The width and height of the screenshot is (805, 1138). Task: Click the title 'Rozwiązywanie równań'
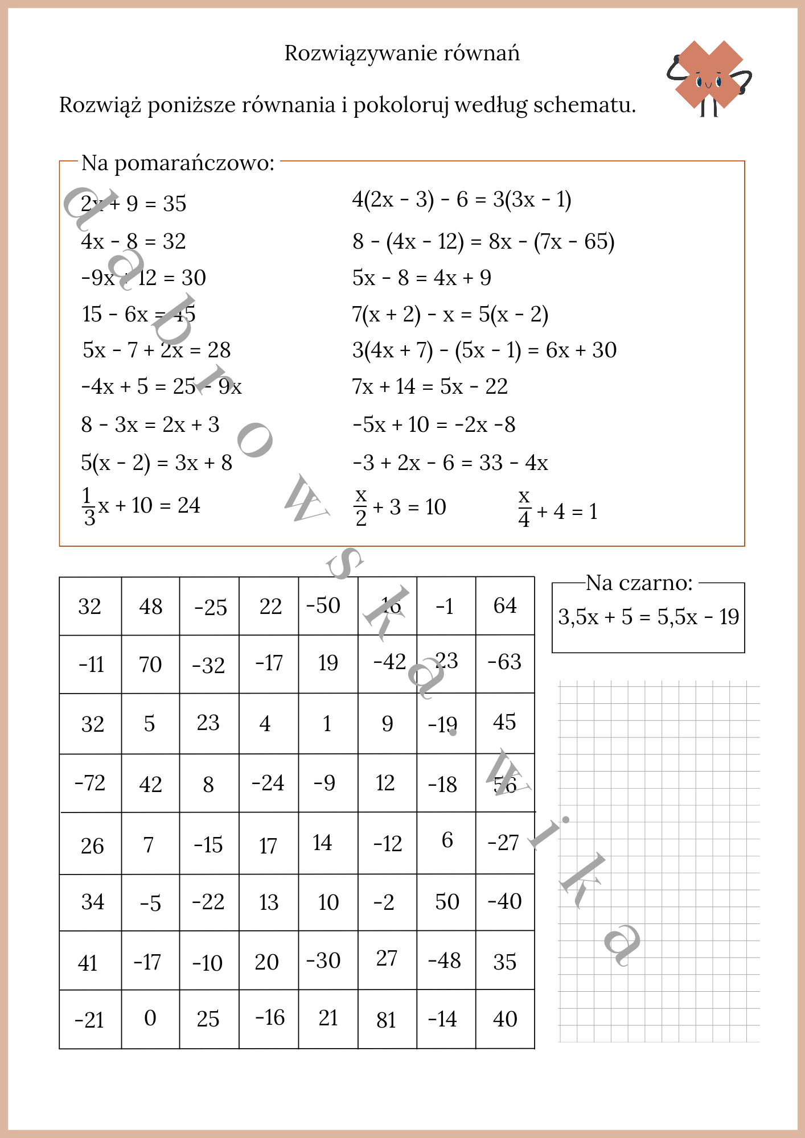pyautogui.click(x=402, y=53)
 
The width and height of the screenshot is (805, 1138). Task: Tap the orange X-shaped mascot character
pyautogui.click(x=709, y=76)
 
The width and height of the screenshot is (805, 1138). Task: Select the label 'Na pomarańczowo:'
pyautogui.click(x=178, y=163)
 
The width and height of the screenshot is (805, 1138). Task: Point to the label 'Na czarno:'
pyautogui.click(x=639, y=583)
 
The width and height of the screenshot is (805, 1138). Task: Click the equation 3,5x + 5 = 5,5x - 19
pyautogui.click(x=648, y=617)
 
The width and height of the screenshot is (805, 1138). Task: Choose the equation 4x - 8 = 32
pyautogui.click(x=133, y=241)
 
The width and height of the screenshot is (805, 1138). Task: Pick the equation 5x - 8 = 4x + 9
pyautogui.click(x=421, y=278)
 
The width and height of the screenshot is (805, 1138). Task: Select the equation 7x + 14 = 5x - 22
pyautogui.click(x=430, y=387)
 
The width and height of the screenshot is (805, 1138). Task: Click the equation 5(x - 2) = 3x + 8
pyautogui.click(x=157, y=463)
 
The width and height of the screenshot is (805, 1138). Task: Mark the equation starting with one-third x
pyautogui.click(x=141, y=506)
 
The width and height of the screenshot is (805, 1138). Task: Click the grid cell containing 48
pyautogui.click(x=150, y=607)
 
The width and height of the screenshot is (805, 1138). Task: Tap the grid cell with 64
pyautogui.click(x=505, y=606)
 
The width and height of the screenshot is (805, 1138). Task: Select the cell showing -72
pyautogui.click(x=91, y=783)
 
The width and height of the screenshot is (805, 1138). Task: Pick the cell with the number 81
pyautogui.click(x=387, y=1020)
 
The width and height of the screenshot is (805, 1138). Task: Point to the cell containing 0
pyautogui.click(x=150, y=1019)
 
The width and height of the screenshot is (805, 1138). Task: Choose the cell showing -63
pyautogui.click(x=505, y=662)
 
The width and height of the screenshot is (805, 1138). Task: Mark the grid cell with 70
pyautogui.click(x=150, y=665)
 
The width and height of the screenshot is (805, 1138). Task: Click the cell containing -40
pyautogui.click(x=505, y=902)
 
